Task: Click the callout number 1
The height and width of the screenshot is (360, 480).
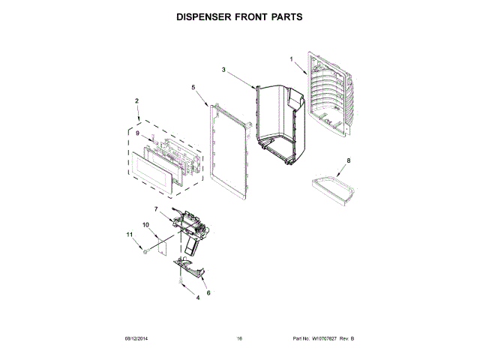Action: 292,58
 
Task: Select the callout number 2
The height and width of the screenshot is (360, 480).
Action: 136,100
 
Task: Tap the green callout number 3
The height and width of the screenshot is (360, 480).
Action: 223,70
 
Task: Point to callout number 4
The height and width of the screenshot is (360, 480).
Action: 177,298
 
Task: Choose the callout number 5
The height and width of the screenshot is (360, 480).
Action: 193,88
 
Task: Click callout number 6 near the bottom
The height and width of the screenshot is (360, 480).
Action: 208,292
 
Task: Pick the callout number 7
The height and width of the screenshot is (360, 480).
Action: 156,209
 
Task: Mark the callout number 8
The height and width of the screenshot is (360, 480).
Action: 348,161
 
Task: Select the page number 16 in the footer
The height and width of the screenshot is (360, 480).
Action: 239,339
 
